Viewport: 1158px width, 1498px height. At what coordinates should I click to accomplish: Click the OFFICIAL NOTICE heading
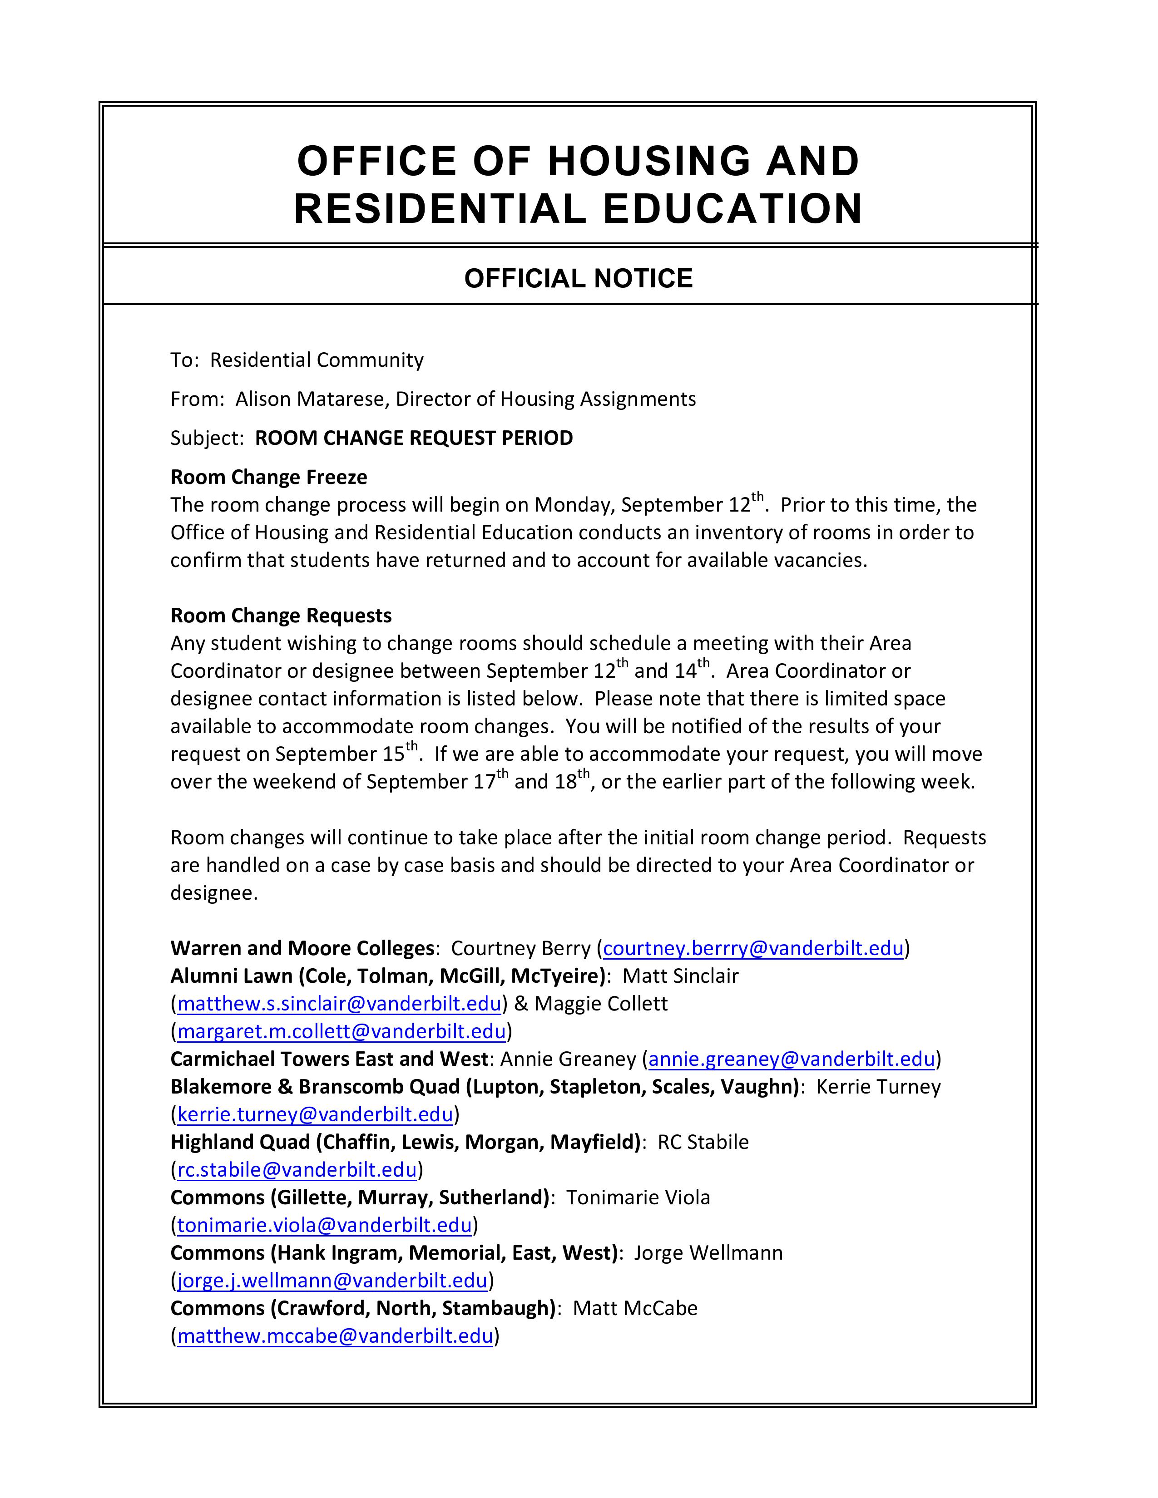(x=578, y=278)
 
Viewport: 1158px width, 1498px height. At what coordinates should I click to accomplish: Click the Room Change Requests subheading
(x=281, y=615)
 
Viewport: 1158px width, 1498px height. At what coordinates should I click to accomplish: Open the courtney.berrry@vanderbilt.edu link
(x=752, y=948)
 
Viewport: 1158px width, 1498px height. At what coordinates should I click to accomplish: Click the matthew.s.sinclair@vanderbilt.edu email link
(x=339, y=1004)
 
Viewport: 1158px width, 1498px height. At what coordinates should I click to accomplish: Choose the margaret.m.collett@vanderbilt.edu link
(x=341, y=1031)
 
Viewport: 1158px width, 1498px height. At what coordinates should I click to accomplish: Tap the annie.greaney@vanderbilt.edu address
(x=791, y=1059)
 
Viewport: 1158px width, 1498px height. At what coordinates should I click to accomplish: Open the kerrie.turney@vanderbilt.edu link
(x=315, y=1114)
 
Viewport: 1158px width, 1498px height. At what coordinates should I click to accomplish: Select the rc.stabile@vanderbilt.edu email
(x=297, y=1169)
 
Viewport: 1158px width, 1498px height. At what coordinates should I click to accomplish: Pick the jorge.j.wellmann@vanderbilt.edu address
(x=332, y=1281)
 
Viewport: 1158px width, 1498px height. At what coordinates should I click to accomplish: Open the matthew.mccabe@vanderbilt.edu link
(x=335, y=1336)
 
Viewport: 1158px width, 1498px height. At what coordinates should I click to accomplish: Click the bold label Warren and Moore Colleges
(x=302, y=948)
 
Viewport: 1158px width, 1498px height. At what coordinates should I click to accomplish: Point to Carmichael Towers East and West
(x=329, y=1059)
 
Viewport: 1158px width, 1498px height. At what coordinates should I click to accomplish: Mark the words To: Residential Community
(x=297, y=360)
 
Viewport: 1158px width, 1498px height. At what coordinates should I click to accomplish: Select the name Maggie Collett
(x=600, y=1004)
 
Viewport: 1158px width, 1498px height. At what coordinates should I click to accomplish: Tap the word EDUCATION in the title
(x=732, y=208)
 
